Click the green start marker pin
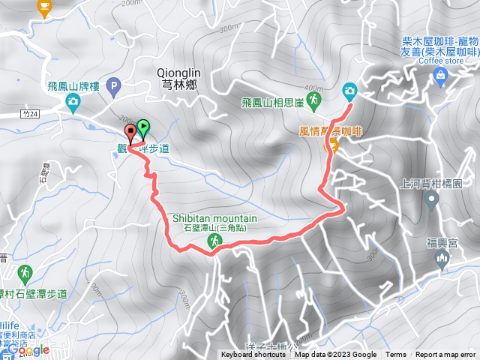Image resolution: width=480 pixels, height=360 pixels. tap(143, 127)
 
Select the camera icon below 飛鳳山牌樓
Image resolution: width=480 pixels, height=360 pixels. tap(73, 100)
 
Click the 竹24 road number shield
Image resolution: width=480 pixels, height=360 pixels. tap(29, 114)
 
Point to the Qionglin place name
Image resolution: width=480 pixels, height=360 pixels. tap(177, 73)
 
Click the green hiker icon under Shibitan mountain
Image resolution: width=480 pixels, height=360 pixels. tap(214, 241)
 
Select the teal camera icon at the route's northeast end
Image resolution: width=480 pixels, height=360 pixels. tap(349, 91)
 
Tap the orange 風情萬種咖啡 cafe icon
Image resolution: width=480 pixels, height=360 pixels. tap(328, 147)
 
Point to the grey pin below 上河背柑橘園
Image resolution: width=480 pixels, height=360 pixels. tap(431, 199)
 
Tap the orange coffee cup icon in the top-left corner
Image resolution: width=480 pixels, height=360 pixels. tap(43, 7)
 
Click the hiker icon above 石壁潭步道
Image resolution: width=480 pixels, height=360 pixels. tap(25, 271)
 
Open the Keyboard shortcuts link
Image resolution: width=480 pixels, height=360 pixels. tap(253, 355)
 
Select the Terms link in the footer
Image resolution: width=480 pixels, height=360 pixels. tap(396, 355)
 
